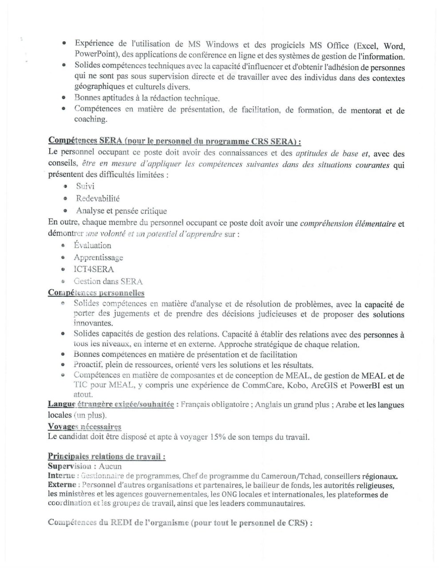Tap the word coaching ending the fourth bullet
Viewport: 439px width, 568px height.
coord(91,119)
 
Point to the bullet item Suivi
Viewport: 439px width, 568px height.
coord(85,186)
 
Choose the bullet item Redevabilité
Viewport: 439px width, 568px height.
coord(98,198)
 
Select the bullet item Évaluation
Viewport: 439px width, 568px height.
coord(92,245)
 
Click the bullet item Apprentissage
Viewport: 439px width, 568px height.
coord(99,257)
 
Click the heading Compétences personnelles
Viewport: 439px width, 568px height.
coord(96,293)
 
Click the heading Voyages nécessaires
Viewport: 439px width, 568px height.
coord(84,427)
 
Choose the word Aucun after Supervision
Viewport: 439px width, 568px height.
coord(110,466)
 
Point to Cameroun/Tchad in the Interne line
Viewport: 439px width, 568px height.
coord(277,477)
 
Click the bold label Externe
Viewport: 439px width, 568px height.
coord(62,485)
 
